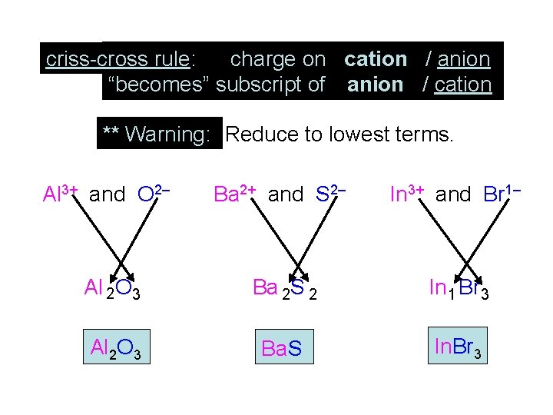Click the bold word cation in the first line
click(376, 59)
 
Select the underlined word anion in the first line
click(463, 59)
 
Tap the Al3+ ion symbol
click(61, 193)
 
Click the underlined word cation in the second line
click(462, 85)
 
